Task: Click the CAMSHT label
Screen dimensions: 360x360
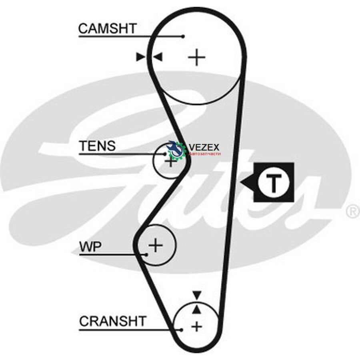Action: click(x=108, y=28)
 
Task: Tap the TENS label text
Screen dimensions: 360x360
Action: click(x=97, y=146)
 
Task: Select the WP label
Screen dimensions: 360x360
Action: click(x=90, y=247)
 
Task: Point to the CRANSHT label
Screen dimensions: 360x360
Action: click(x=113, y=321)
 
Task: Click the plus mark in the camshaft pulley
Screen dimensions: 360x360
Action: click(x=196, y=57)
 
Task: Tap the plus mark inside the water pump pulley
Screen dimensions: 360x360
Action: click(x=156, y=245)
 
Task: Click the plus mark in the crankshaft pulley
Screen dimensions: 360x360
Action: click(x=196, y=326)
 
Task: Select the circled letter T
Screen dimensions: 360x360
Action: click(x=274, y=182)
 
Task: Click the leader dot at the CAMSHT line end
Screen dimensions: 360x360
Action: click(x=183, y=36)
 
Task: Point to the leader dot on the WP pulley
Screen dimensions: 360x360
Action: click(x=146, y=254)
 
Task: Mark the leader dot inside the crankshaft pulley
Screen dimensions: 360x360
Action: click(x=181, y=330)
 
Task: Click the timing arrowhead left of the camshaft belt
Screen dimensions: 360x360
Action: click(x=140, y=57)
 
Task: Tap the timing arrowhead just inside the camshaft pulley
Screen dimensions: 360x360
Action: click(x=158, y=57)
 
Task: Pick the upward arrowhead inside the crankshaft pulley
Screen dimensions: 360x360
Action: click(x=196, y=310)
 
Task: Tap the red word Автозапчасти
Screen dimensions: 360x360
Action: click(x=204, y=154)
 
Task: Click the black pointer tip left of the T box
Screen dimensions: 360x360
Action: click(x=241, y=183)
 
